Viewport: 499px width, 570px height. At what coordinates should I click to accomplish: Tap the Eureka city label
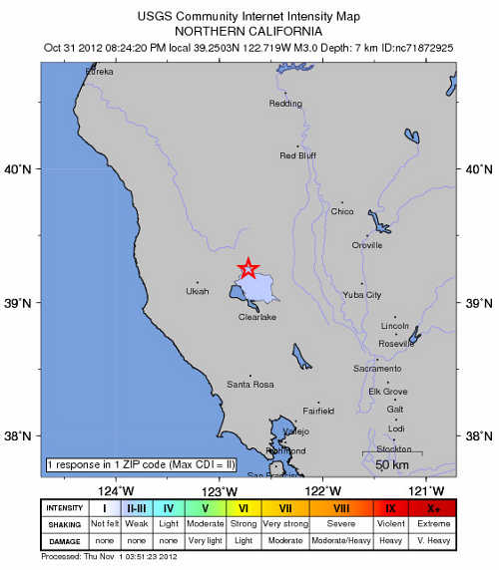coord(99,72)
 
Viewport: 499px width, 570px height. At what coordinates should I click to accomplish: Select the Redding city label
coord(285,104)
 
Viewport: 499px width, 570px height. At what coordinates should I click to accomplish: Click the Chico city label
coord(342,211)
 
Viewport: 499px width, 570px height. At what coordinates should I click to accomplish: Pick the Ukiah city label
coord(199,292)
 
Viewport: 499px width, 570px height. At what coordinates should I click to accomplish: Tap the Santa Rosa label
coord(249,384)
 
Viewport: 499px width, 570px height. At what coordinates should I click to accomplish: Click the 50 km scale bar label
coord(390,464)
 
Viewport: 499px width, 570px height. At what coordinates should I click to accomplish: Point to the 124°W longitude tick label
coord(117,489)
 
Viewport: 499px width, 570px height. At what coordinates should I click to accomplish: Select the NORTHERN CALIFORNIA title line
coord(249,29)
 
